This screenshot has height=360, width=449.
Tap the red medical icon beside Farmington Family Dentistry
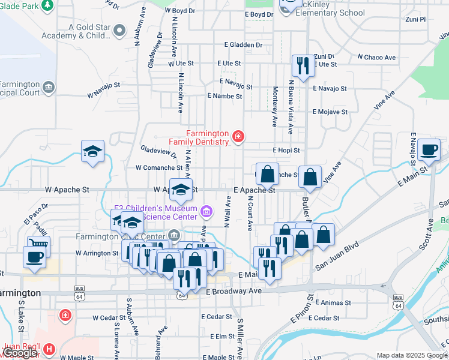point(238,137)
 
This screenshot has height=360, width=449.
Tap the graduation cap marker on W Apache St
point(181,190)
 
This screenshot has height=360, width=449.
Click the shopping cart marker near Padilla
point(38,245)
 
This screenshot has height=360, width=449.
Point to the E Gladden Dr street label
point(244,45)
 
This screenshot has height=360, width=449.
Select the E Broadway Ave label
point(234,291)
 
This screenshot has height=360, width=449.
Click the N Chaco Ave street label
point(377,58)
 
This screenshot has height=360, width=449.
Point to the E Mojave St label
point(330,112)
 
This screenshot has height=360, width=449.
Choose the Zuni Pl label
point(415,19)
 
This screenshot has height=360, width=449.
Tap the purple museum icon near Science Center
point(206,211)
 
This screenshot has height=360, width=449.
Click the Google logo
point(20,353)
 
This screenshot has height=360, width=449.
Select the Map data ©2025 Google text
point(411,355)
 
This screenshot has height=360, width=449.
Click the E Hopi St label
point(286,150)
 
